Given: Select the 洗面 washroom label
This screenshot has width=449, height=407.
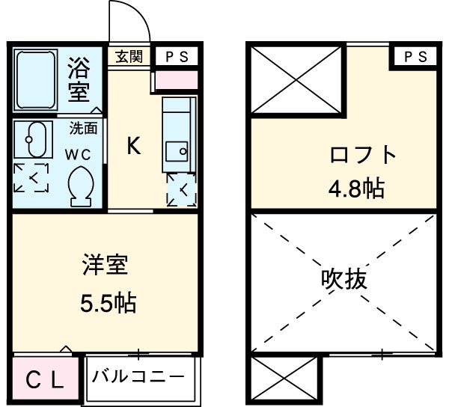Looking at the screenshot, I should [84, 128].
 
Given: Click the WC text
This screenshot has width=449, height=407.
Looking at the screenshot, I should [82, 156].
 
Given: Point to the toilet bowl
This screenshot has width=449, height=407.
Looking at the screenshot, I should [80, 186].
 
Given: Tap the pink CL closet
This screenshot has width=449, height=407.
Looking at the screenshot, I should [44, 379].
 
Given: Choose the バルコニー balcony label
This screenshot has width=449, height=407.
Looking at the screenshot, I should [138, 376].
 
